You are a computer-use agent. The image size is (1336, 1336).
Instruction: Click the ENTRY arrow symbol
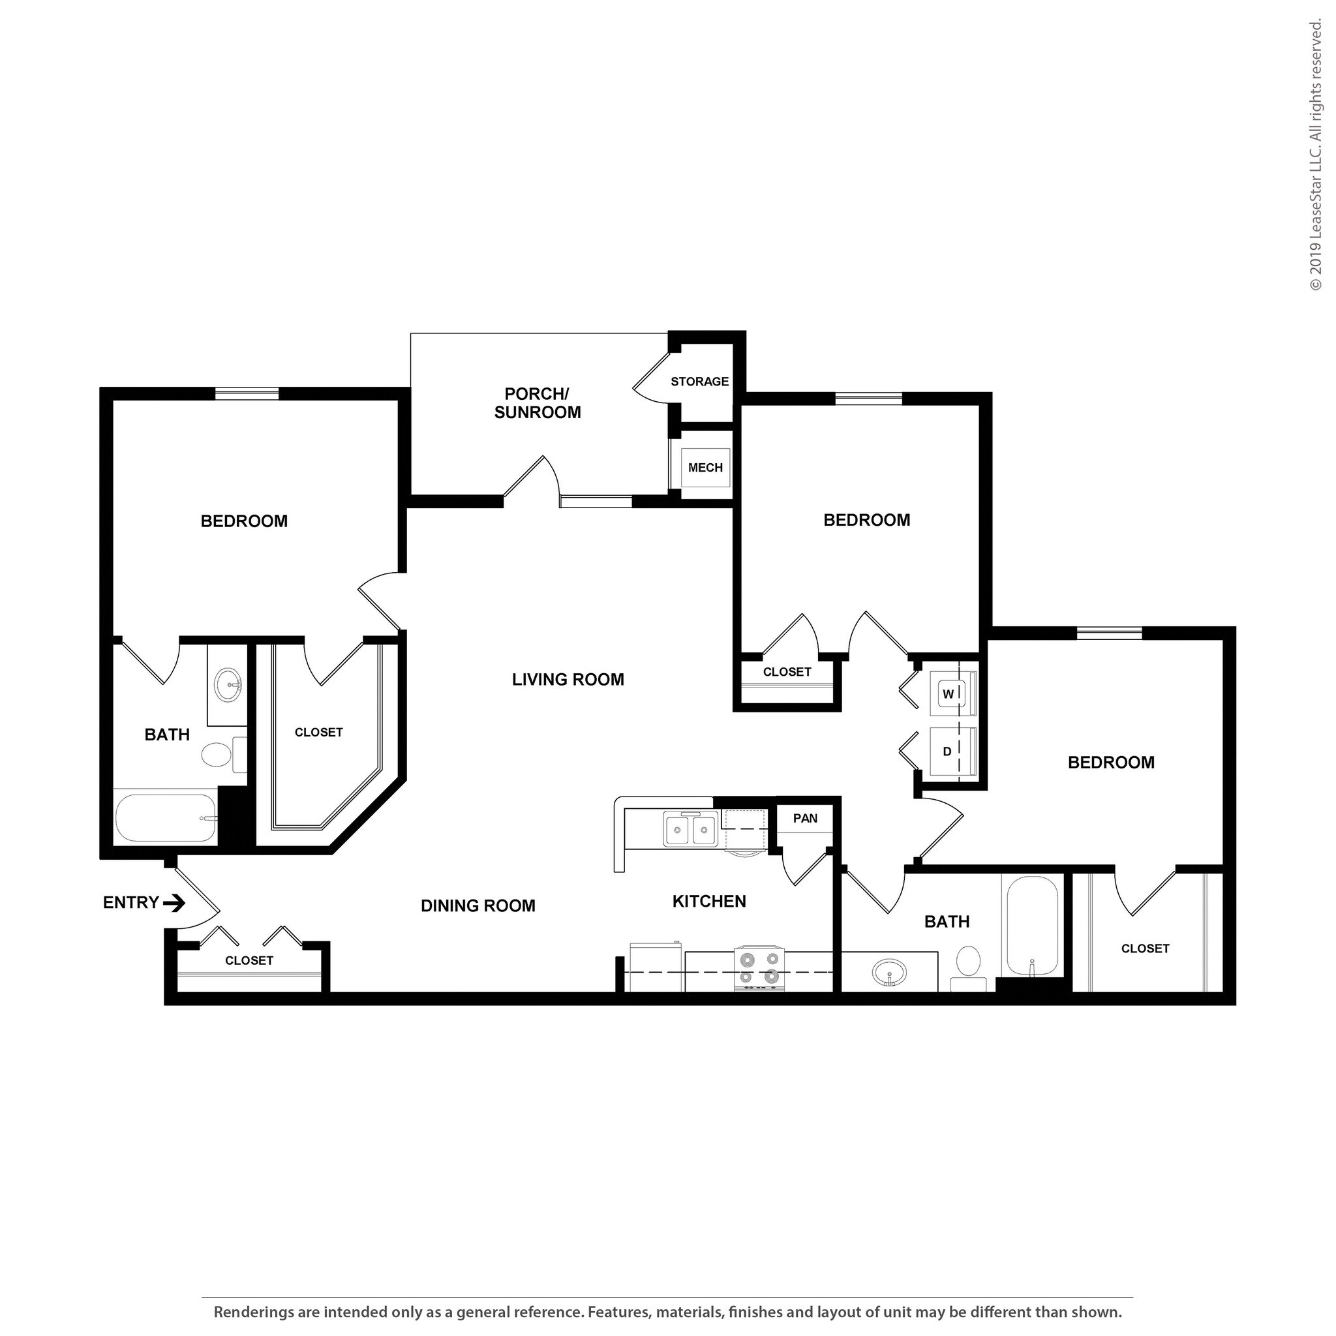pos(174,902)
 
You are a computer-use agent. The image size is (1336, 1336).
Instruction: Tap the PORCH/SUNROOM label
pos(537,403)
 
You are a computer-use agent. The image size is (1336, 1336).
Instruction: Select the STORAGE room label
pos(699,382)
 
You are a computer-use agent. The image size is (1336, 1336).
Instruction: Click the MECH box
pos(705,468)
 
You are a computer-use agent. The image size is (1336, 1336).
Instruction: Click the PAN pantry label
pos(805,818)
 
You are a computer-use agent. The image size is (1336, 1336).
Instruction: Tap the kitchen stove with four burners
pos(759,969)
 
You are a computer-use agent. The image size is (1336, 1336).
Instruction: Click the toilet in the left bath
pos(217,755)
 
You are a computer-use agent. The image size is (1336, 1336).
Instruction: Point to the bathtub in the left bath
pos(166,817)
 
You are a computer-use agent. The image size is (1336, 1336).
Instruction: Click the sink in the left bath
pos(228,684)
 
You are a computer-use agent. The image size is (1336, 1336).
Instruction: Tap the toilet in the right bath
pos(968,963)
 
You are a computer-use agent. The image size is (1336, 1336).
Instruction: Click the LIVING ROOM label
pos(568,680)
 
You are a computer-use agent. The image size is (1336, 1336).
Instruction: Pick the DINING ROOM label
pos(478,906)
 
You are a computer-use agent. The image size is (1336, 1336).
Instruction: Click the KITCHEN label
pos(709,901)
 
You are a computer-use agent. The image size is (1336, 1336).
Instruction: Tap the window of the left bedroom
pos(247,393)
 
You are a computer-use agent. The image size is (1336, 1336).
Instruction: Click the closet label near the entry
pos(249,960)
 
